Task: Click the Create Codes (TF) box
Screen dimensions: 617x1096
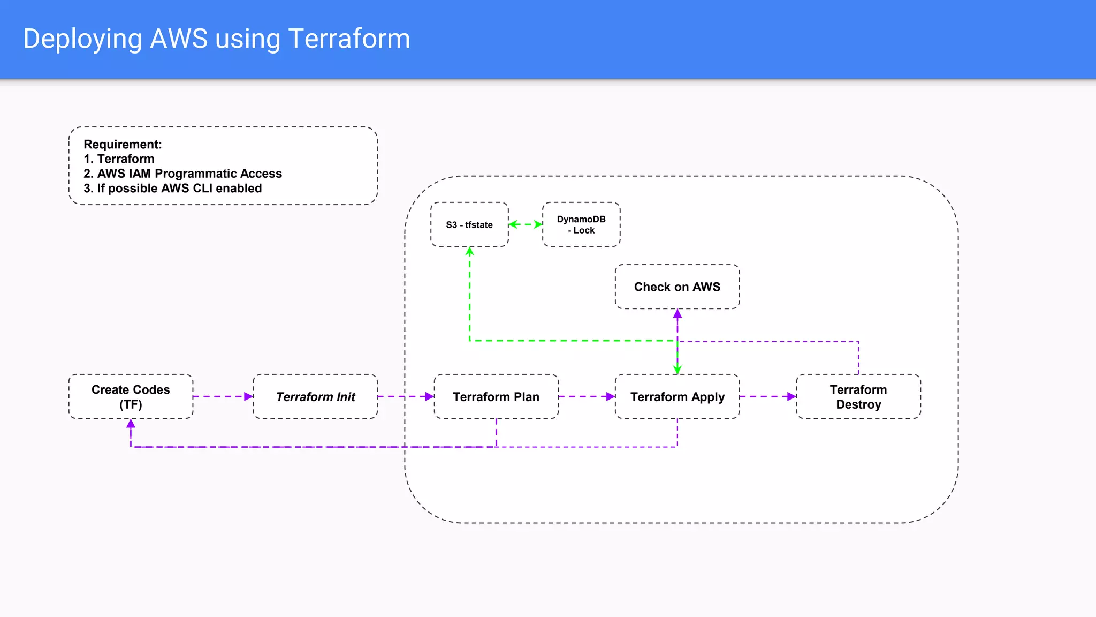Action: coord(131,397)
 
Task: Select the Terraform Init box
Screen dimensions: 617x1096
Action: coord(315,397)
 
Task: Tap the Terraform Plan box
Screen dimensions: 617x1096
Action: coord(496,397)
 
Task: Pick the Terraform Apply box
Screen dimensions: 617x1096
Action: coord(677,397)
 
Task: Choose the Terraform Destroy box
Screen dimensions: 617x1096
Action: coord(858,397)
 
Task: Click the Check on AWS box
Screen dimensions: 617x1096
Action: coord(677,287)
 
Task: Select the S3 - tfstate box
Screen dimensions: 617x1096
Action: coord(469,225)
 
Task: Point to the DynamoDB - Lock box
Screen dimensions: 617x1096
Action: coord(581,225)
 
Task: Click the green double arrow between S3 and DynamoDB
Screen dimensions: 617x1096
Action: coord(526,224)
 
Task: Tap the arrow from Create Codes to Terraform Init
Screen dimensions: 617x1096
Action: coord(223,397)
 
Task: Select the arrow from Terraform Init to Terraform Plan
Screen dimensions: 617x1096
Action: coord(406,397)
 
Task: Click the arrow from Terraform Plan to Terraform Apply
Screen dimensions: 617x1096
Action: coord(587,397)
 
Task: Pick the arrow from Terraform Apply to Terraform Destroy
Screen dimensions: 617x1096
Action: coord(768,397)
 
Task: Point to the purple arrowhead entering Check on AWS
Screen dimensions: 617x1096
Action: coord(678,314)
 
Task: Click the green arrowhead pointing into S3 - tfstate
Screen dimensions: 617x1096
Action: coord(470,252)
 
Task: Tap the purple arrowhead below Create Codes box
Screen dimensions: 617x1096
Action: coord(131,424)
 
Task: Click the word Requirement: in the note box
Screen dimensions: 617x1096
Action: coord(123,145)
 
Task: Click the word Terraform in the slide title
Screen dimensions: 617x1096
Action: coord(349,39)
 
